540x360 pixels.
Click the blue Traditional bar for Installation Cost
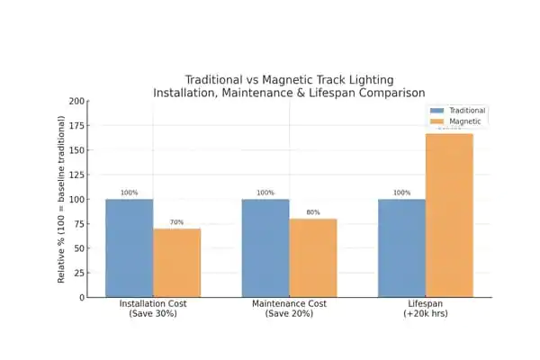click(x=129, y=247)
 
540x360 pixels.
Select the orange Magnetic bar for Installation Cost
click(x=176, y=263)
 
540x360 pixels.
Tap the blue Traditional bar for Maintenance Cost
click(x=265, y=247)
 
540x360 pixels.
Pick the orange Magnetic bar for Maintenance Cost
click(x=312, y=257)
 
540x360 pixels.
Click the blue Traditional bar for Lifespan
click(x=401, y=247)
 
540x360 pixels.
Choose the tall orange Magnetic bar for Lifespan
click(x=449, y=215)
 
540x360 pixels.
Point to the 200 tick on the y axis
click(x=77, y=102)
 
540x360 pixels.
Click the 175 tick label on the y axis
click(x=77, y=126)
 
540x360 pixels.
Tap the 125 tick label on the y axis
click(x=77, y=175)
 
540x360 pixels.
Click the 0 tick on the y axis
click(x=82, y=297)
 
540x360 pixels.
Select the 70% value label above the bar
click(x=176, y=222)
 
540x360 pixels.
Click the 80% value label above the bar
click(x=312, y=212)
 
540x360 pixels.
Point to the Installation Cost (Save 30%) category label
click(x=152, y=310)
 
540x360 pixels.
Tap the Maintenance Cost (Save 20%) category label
click(x=289, y=310)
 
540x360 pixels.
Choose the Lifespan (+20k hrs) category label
click(x=425, y=310)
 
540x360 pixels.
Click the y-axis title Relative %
click(x=62, y=199)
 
